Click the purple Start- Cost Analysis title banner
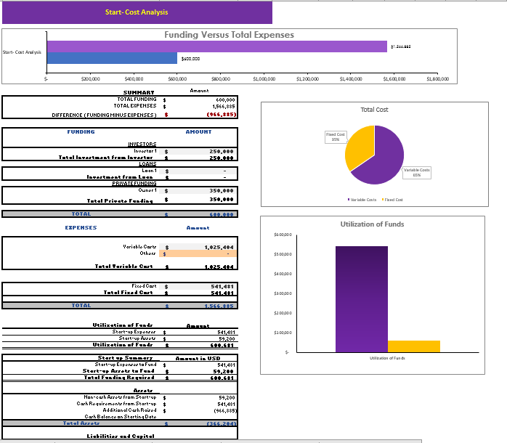137,12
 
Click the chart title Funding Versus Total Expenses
229,35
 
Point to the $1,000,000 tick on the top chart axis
263,78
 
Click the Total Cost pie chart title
374,110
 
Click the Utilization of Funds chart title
372,224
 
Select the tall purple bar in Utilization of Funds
361,298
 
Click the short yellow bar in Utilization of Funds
413,346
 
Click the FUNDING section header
80,132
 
